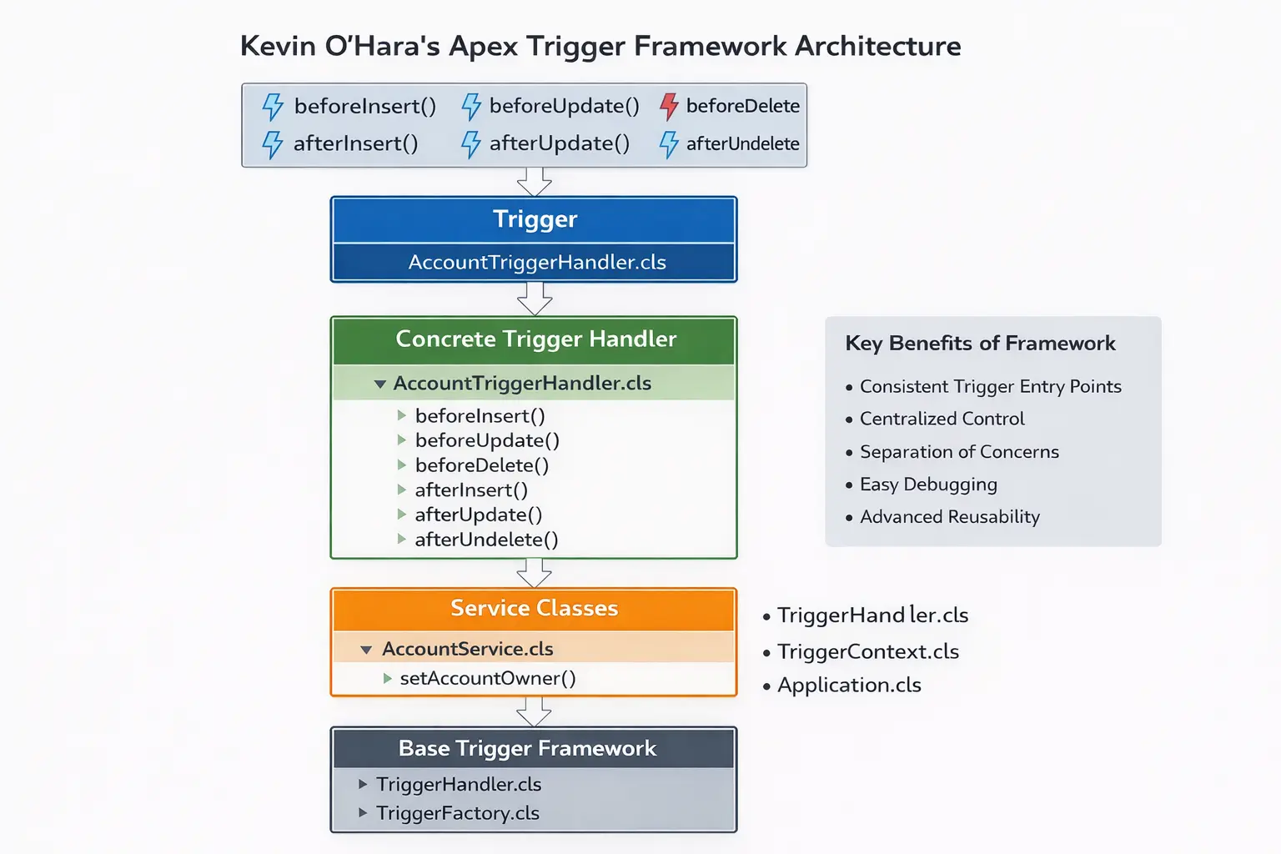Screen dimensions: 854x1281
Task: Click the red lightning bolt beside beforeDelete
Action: tap(669, 106)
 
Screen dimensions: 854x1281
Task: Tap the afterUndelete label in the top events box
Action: tap(742, 143)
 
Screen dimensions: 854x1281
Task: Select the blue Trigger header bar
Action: tap(534, 219)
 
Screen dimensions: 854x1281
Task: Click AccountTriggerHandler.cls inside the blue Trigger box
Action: tap(536, 262)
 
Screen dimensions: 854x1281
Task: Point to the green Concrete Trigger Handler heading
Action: tap(535, 339)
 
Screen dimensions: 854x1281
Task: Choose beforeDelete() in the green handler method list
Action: tap(481, 465)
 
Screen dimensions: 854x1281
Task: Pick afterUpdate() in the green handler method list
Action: tap(478, 515)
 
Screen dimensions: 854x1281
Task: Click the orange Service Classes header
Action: tap(534, 609)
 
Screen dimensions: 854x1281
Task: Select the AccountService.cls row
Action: tap(467, 649)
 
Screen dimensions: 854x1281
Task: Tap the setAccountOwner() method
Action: tap(487, 678)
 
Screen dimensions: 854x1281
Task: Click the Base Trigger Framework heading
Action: tap(527, 748)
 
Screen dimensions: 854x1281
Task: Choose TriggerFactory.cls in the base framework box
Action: tap(457, 813)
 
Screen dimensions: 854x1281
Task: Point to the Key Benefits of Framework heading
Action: tap(980, 344)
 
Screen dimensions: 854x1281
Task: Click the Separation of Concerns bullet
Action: tap(959, 452)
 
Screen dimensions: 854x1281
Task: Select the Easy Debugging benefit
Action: tap(928, 485)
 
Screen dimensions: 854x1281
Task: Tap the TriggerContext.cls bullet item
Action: tap(867, 651)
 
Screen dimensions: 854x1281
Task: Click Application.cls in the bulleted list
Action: tap(849, 686)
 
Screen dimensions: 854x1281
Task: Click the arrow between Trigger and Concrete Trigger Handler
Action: tap(534, 299)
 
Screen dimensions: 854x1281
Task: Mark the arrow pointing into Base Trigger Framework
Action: tap(534, 711)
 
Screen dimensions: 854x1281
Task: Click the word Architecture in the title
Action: tap(877, 46)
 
